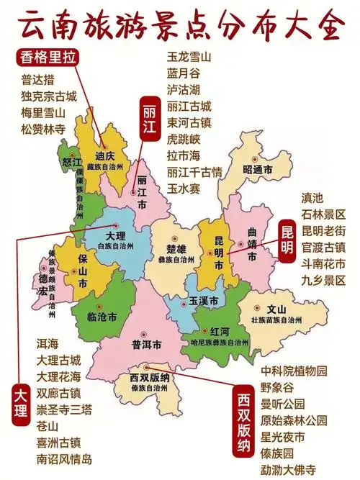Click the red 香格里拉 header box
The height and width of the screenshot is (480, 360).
point(48,57)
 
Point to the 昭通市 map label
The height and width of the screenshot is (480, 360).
point(258,170)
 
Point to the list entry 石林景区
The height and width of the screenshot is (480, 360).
point(324,214)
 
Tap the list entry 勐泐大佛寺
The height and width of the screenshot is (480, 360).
point(288,469)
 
